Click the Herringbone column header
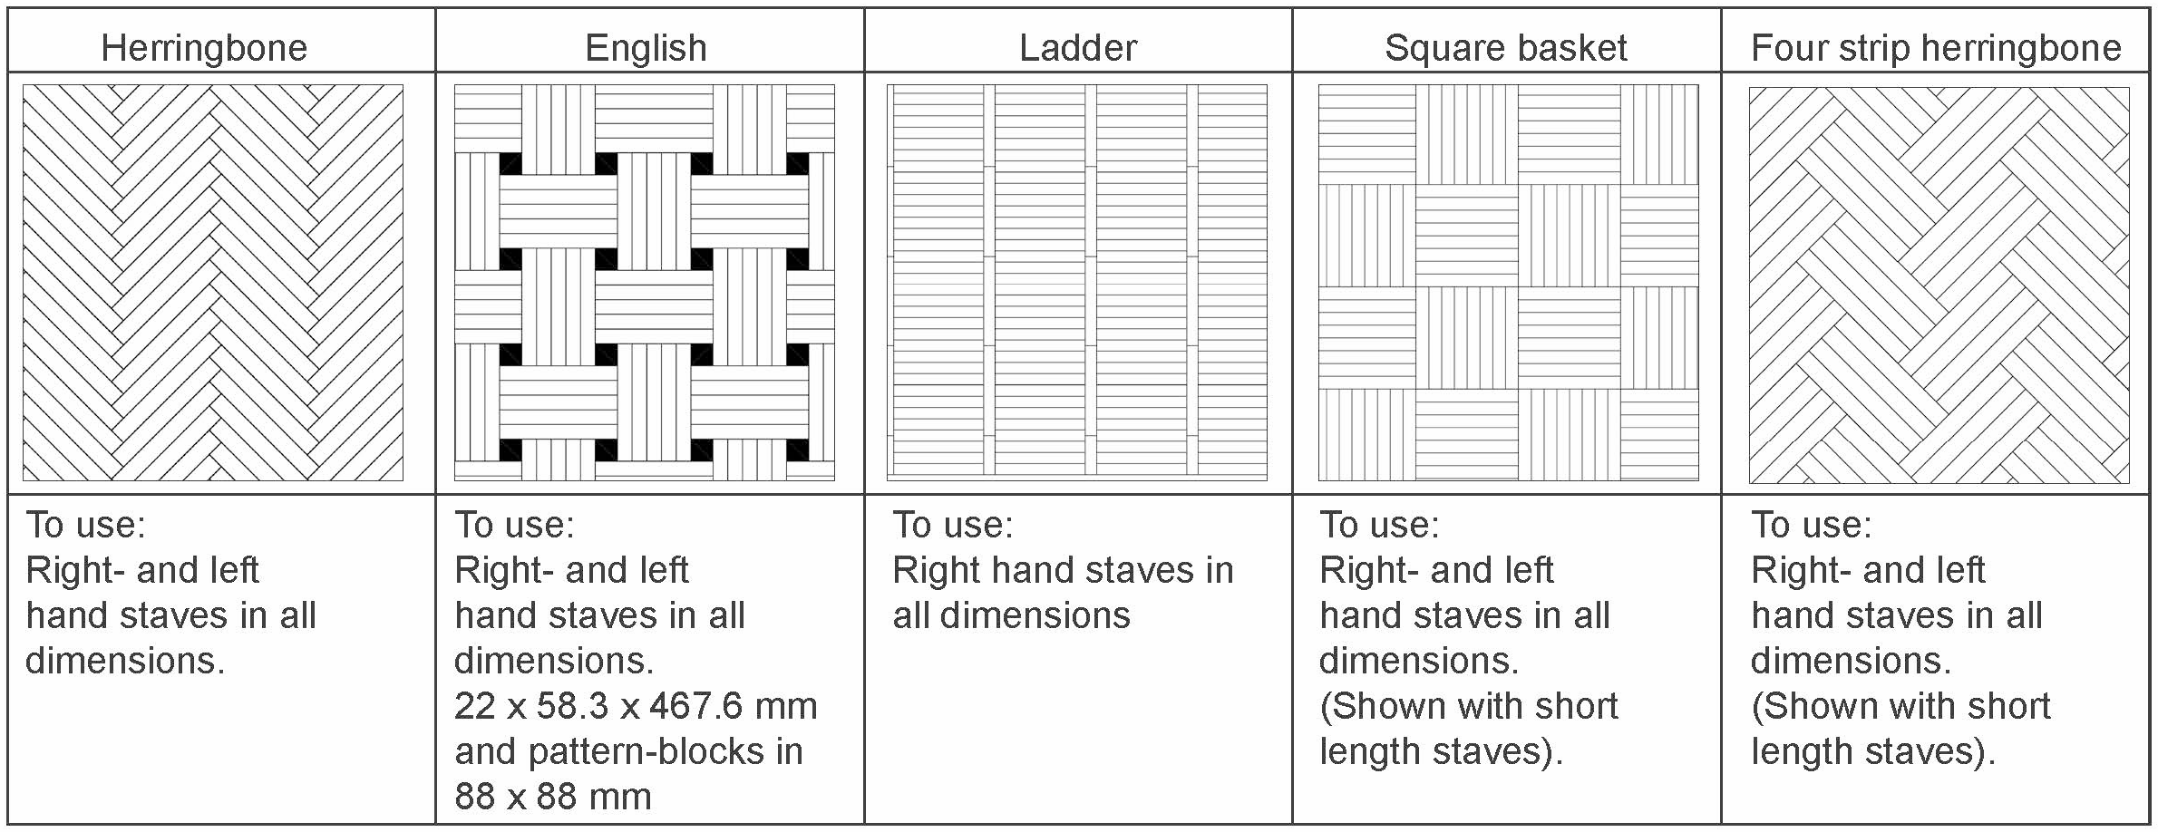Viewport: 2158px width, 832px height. pos(204,47)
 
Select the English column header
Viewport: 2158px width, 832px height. pos(646,47)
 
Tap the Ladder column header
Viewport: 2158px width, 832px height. pos(1077,47)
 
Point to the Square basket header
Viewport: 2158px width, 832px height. pos(1506,47)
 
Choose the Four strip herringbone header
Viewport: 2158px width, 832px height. pos(1936,47)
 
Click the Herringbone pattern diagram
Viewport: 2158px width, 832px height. pos(213,282)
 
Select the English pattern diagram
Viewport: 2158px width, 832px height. pos(645,282)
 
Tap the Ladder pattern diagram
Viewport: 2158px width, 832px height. pos(1077,282)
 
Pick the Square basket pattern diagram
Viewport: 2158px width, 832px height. pos(1509,282)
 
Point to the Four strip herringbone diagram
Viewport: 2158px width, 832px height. pos(1939,285)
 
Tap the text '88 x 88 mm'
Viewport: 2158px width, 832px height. pos(553,797)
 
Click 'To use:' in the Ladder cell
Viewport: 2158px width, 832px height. pos(953,525)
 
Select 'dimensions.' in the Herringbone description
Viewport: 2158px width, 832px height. pos(125,661)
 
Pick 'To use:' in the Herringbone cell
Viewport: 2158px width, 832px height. pos(85,525)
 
